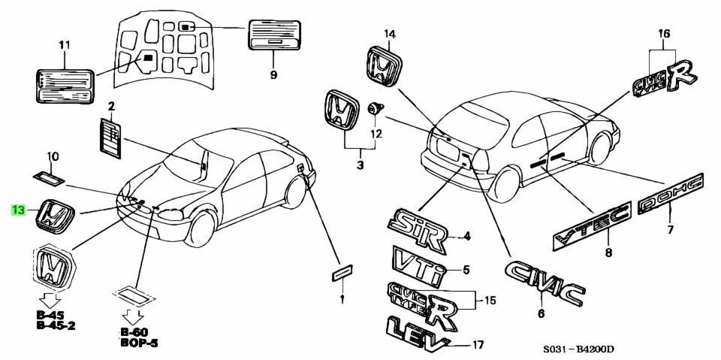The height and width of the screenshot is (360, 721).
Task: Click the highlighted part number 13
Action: (x=19, y=210)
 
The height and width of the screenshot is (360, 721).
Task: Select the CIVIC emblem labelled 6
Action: (x=545, y=283)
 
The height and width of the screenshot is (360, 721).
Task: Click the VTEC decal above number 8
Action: (x=590, y=225)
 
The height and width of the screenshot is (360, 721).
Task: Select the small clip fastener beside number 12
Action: (x=373, y=110)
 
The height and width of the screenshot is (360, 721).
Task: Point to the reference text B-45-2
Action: (x=55, y=325)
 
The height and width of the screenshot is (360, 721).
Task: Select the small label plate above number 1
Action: (x=342, y=271)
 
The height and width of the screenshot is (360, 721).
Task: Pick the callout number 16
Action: (x=663, y=33)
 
